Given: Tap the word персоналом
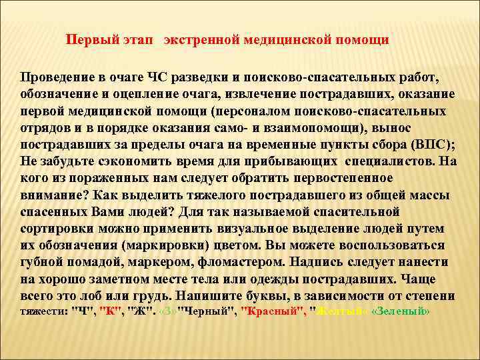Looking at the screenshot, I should click(249, 110).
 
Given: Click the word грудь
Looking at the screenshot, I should click(151, 295).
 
